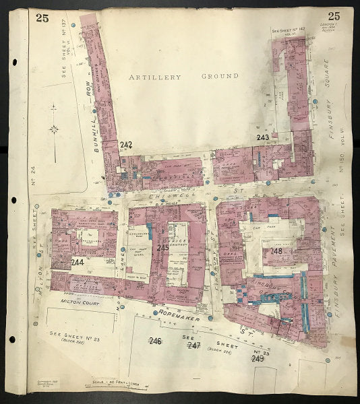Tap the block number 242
click(126, 144)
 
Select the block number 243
click(263, 138)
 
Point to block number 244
click(78, 262)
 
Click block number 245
click(162, 248)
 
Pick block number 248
click(276, 251)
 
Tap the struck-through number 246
click(155, 341)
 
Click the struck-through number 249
click(257, 358)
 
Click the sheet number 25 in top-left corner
click(42, 18)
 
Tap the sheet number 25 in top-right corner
click(333, 16)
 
